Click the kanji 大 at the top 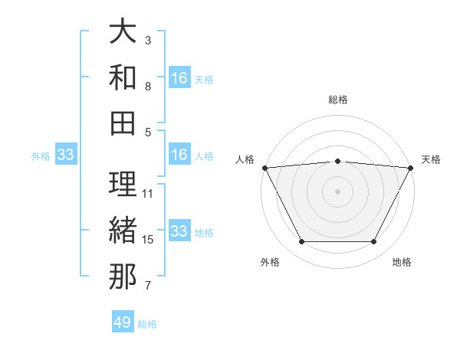click(123, 33)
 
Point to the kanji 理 click(123, 184)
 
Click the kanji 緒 click(123, 231)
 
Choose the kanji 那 click(123, 277)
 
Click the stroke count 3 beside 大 click(148, 40)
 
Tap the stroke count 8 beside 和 click(148, 87)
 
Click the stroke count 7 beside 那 click(148, 286)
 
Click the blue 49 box click(123, 322)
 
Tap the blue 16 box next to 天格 click(179, 78)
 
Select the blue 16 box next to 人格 click(179, 155)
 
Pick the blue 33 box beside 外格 click(66, 155)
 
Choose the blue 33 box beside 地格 click(179, 232)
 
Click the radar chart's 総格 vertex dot click(337, 161)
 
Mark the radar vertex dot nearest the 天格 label click(410, 168)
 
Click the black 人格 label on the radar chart click(245, 159)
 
